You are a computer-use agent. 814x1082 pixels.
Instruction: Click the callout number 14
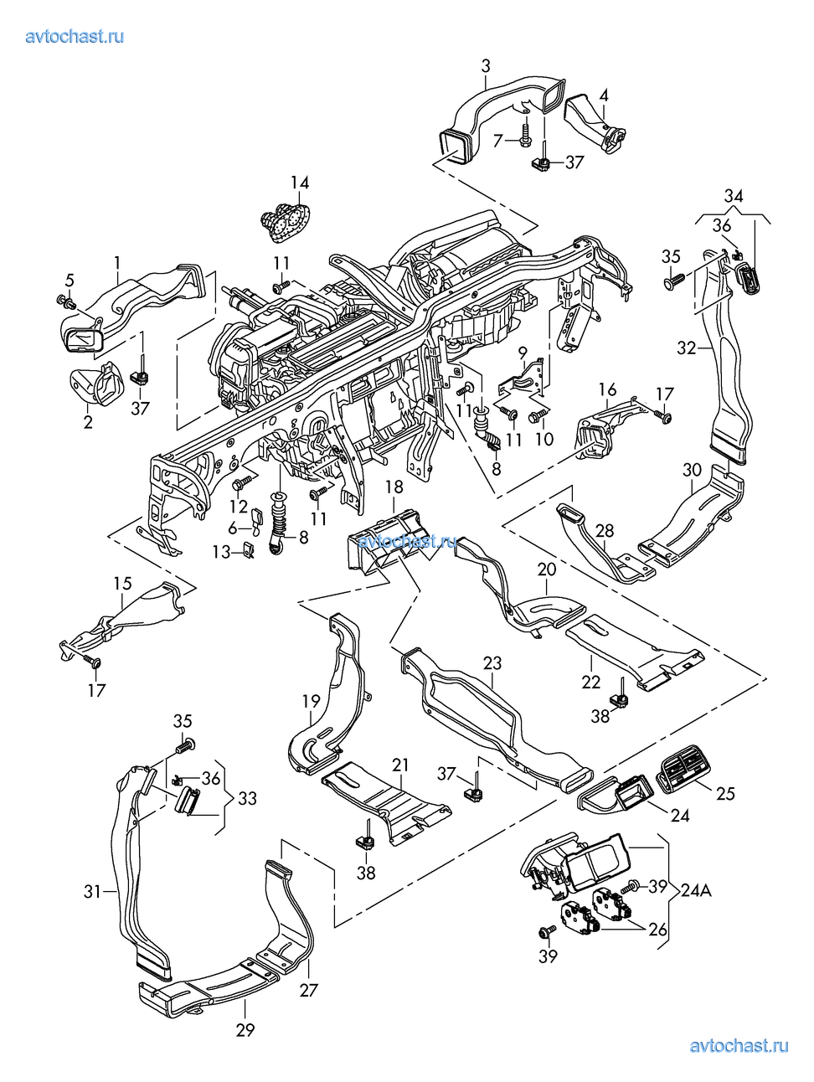tap(300, 183)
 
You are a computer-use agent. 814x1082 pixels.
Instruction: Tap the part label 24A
tap(696, 891)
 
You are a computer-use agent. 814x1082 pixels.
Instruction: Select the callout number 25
tap(725, 792)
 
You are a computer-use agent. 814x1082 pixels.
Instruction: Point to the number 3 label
tap(486, 65)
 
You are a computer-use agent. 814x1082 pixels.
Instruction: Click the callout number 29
tap(245, 1029)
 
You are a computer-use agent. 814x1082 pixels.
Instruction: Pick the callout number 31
tap(92, 892)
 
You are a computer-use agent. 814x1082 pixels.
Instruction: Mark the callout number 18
tap(394, 487)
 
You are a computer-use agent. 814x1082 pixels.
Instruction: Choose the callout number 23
tap(492, 664)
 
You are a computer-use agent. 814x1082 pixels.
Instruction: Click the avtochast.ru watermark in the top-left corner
tap(75, 36)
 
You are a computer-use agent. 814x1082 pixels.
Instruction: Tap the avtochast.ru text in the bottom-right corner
tap(739, 1045)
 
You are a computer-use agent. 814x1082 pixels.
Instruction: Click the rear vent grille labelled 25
tap(685, 771)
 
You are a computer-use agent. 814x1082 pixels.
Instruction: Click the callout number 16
tap(607, 389)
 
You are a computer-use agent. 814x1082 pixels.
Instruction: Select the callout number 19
tap(312, 700)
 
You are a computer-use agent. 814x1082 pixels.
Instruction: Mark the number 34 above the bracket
tap(734, 196)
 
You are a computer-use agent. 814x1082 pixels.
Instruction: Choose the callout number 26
tap(658, 929)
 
